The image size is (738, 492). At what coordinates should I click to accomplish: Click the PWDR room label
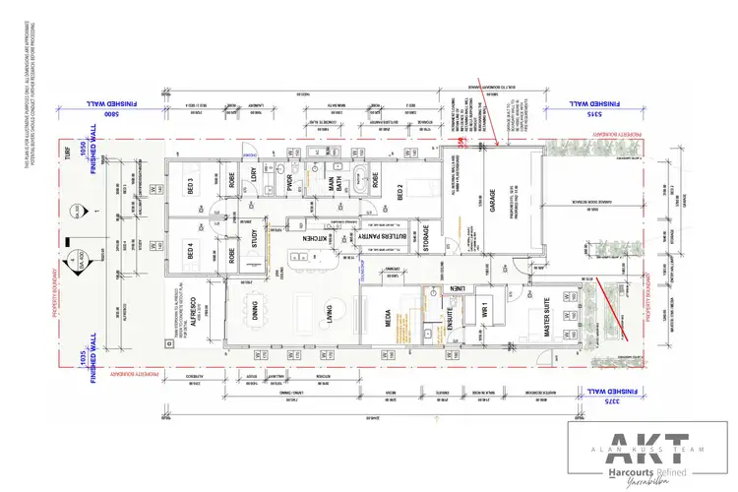coord(292,184)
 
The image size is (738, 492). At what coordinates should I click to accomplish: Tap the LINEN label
coord(457,287)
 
